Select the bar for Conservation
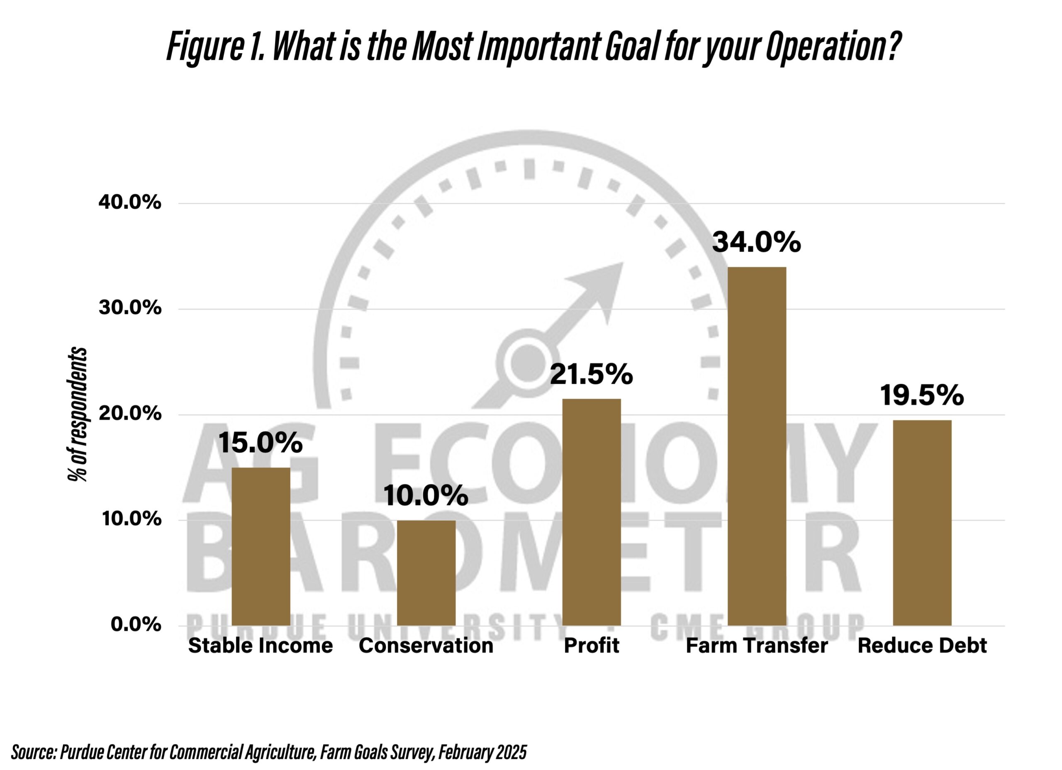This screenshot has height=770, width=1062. click(x=426, y=573)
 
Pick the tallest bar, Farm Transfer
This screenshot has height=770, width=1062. click(x=757, y=446)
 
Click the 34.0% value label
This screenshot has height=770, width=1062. click(x=756, y=243)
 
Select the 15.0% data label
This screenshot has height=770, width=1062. click(x=261, y=443)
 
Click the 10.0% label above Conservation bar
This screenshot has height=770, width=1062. click(x=426, y=495)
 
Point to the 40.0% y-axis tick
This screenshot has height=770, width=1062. click(x=130, y=203)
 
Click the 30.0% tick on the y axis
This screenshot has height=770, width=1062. click(x=130, y=308)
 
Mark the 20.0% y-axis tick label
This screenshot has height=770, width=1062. click(x=130, y=414)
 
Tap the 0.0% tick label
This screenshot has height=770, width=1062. click(x=136, y=625)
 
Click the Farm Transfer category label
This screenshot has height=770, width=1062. click(x=757, y=646)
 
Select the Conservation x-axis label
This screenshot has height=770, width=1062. click(x=426, y=646)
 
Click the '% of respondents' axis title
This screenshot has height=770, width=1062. click(x=77, y=414)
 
